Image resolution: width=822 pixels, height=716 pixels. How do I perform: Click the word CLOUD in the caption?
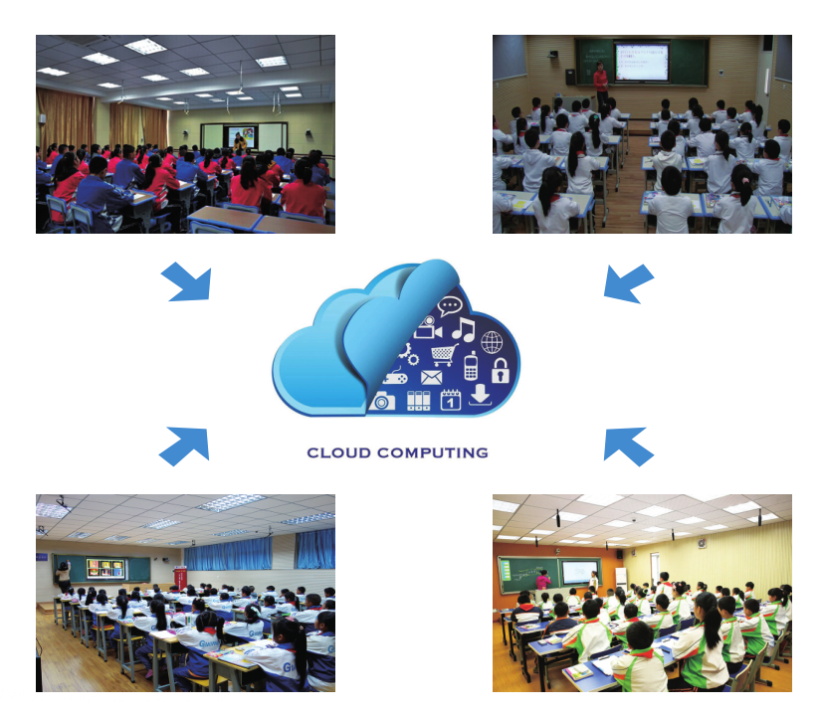[x=338, y=452]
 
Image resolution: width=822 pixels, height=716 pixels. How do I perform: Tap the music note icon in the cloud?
[x=464, y=329]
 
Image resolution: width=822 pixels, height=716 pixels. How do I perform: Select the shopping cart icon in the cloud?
[x=444, y=355]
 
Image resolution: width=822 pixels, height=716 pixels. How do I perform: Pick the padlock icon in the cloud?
[x=501, y=370]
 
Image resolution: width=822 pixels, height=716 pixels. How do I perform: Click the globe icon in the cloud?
[x=492, y=342]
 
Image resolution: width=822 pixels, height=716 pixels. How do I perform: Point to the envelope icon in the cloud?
[x=432, y=377]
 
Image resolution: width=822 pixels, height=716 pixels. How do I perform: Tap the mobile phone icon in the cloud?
[x=471, y=366]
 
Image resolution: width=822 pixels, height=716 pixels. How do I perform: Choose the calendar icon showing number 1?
[x=451, y=399]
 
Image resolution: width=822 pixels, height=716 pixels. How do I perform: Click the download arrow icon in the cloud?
[x=480, y=395]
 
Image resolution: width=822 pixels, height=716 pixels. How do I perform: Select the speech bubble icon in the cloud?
[x=450, y=306]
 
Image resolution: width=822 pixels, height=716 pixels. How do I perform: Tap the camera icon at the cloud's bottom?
[x=382, y=401]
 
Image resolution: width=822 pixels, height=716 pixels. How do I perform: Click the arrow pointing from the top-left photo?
[x=188, y=282]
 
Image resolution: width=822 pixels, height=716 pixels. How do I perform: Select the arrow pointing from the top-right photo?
[x=628, y=282]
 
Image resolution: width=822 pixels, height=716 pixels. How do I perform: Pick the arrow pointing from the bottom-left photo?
[x=185, y=446]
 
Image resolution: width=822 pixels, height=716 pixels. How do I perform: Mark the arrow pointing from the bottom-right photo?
[x=628, y=446]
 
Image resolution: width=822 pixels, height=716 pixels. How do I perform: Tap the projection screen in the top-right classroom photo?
[x=642, y=62]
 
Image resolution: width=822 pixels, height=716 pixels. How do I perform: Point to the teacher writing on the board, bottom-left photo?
[x=64, y=576]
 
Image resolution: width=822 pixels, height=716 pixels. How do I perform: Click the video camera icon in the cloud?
[x=428, y=328]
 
